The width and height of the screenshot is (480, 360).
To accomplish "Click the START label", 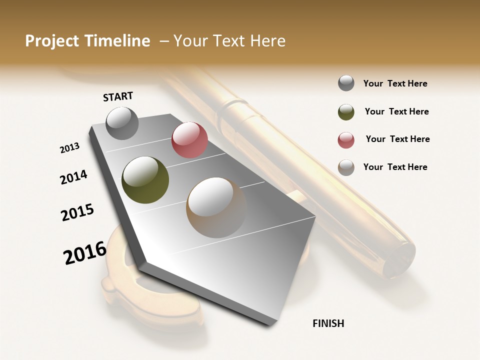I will (118, 96).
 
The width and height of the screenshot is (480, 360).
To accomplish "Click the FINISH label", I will (328, 323).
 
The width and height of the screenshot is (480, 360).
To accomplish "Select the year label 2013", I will (69, 148).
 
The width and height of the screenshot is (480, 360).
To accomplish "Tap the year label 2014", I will (73, 177).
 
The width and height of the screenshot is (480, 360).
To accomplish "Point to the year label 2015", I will (77, 212).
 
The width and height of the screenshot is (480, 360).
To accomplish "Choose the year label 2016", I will (85, 252).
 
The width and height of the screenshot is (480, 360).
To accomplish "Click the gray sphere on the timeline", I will (122, 123).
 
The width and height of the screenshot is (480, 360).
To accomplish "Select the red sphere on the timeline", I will (189, 140).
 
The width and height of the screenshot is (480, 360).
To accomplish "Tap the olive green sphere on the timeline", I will (145, 180).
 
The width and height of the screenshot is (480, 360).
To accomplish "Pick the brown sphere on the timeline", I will (216, 207).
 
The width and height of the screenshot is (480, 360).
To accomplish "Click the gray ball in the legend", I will (346, 83).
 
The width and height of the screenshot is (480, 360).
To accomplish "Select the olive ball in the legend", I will (346, 112).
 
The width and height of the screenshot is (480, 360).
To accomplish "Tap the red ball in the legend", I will (346, 140).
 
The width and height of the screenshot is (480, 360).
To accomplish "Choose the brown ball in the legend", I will (346, 167).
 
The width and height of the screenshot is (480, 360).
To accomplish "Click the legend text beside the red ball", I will (397, 139).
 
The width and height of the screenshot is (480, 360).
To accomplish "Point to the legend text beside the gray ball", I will (395, 83).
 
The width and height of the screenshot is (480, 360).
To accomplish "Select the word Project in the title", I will (52, 41).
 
